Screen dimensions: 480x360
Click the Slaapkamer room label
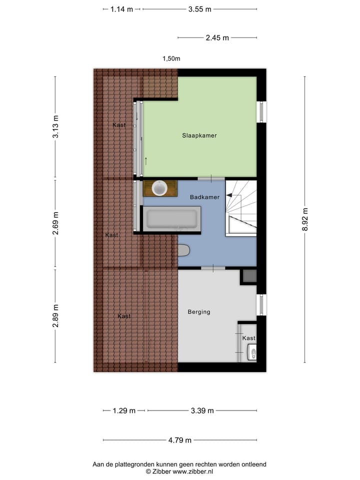coord(199,135)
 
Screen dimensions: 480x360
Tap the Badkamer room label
coord(204,197)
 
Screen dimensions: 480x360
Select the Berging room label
coord(199,312)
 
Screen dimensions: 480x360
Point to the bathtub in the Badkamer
coord(171,219)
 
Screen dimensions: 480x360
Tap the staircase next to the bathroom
coord(241,207)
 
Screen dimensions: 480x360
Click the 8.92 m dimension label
coord(304,219)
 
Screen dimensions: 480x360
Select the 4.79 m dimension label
coord(180,440)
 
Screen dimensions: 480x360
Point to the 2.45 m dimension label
coord(217,37)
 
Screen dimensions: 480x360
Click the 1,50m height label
coord(171,58)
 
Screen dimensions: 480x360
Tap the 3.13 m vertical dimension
coord(55,127)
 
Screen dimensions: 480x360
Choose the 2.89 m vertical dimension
coord(55,316)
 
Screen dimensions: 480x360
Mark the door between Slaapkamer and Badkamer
coord(210,178)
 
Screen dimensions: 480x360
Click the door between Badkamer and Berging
coord(213,268)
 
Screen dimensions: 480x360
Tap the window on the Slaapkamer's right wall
coord(261,112)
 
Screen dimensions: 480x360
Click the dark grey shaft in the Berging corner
coord(249,276)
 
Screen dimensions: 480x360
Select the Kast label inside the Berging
coord(248,338)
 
